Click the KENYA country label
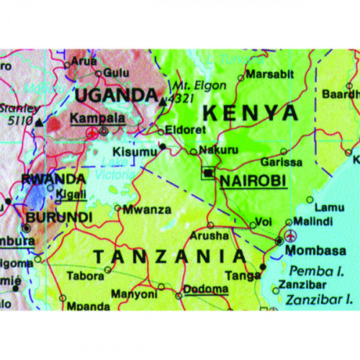250,113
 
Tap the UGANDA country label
117,95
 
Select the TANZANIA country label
171,256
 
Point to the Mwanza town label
147,210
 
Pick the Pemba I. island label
318,271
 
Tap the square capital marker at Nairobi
209,174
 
